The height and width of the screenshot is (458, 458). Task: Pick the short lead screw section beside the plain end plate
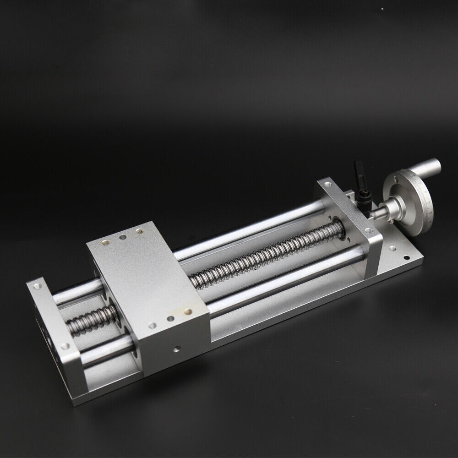92,321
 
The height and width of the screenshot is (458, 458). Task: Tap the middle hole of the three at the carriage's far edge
123,238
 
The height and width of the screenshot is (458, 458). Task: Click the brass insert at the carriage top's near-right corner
188,311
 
